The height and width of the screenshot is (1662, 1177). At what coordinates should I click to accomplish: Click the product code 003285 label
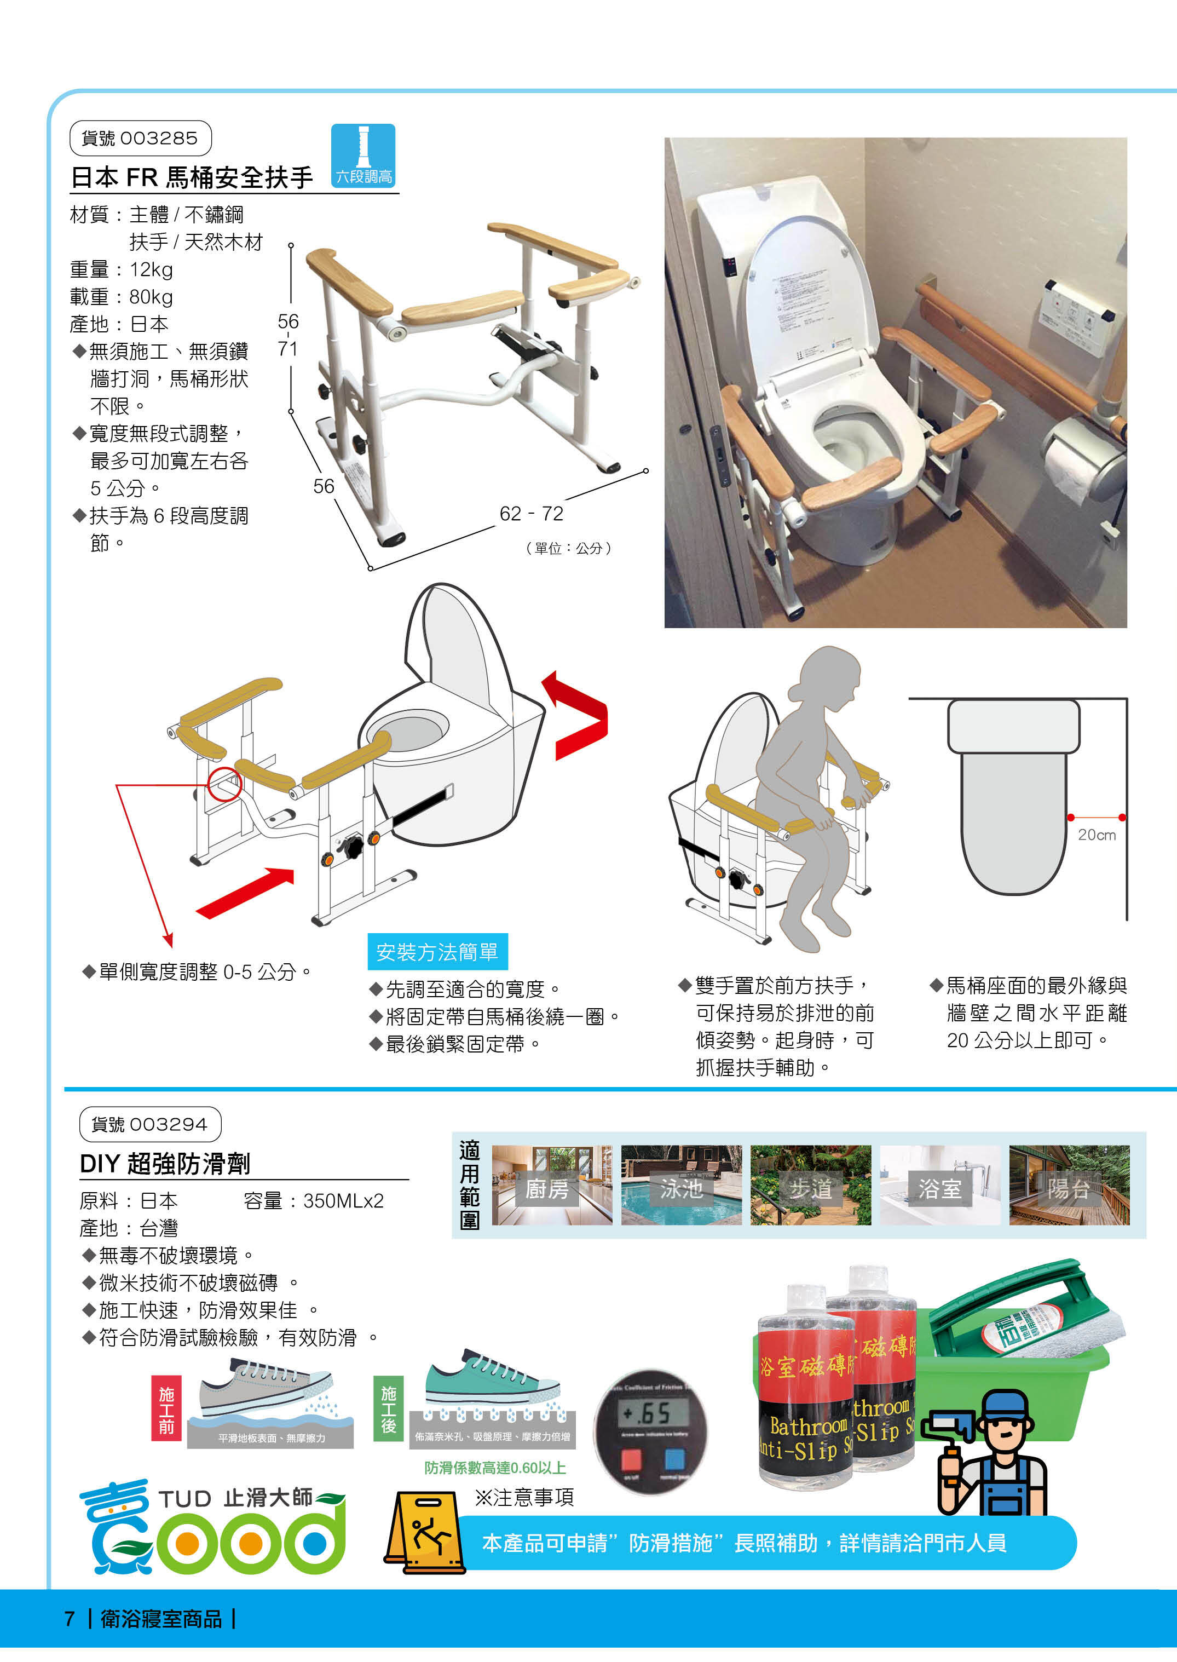pyautogui.click(x=140, y=139)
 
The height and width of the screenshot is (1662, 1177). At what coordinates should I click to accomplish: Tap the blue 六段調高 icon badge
pyautogui.click(x=363, y=156)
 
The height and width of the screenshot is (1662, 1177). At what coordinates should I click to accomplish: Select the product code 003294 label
pyautogui.click(x=149, y=1124)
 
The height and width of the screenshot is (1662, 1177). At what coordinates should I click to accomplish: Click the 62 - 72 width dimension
pyautogui.click(x=531, y=513)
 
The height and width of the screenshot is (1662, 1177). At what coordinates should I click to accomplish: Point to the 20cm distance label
pyautogui.click(x=1096, y=835)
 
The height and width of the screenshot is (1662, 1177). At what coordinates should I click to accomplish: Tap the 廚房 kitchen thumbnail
pyautogui.click(x=551, y=1185)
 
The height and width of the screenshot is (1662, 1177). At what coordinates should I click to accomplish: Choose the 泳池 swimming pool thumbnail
pyautogui.click(x=680, y=1185)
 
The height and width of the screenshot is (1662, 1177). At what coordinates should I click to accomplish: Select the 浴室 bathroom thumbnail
pyautogui.click(x=939, y=1185)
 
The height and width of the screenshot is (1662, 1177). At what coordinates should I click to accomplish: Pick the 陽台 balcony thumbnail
pyautogui.click(x=1069, y=1185)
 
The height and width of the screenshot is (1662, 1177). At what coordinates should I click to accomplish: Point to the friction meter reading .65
pyautogui.click(x=647, y=1413)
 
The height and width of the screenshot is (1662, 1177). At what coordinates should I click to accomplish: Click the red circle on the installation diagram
pyautogui.click(x=224, y=784)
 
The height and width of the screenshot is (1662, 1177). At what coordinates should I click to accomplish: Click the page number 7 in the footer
pyautogui.click(x=70, y=1619)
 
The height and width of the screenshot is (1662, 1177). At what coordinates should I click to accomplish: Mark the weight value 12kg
pyautogui.click(x=152, y=269)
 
